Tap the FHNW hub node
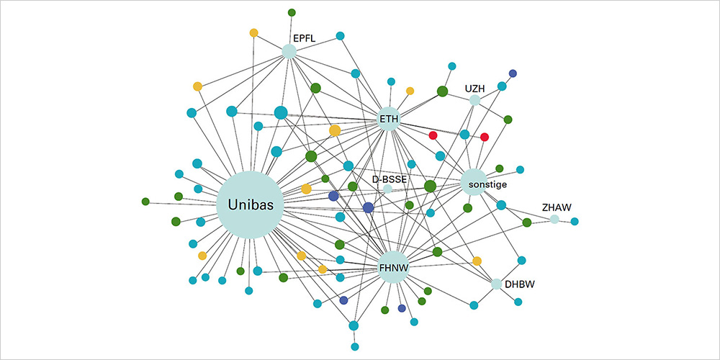tap(394, 267)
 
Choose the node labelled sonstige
tap(474, 182)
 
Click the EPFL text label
tap(304, 37)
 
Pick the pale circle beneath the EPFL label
tap(289, 51)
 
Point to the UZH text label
tap(474, 89)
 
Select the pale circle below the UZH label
tap(474, 101)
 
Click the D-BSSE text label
tap(387, 178)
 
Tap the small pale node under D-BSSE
tap(387, 189)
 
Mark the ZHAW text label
tap(557, 207)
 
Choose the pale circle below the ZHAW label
tap(554, 219)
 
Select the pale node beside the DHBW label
tap(496, 284)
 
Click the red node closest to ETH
tap(433, 135)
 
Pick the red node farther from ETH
tap(485, 137)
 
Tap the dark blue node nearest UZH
tap(513, 73)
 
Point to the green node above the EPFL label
tap(292, 12)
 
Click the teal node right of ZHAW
tap(575, 221)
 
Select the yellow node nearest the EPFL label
tap(253, 32)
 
